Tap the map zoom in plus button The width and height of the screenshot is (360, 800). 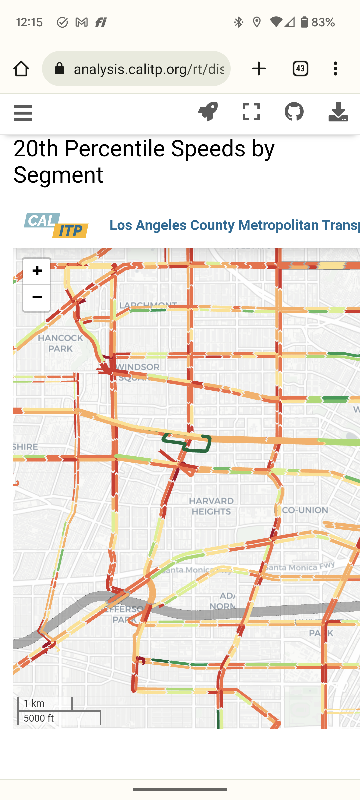[x=37, y=271]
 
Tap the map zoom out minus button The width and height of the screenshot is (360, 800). [x=37, y=298]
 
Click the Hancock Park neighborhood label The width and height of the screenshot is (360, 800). [x=60, y=343]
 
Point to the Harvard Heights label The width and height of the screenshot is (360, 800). [x=211, y=506]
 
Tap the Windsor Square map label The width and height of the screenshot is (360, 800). [x=138, y=371]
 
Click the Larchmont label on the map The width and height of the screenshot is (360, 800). [x=148, y=305]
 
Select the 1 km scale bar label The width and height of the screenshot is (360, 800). [x=34, y=703]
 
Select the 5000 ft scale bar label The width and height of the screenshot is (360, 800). [x=39, y=718]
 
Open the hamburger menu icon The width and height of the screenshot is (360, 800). [x=23, y=113]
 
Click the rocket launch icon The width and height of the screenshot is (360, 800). [x=208, y=112]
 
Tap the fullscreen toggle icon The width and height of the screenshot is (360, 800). [x=251, y=112]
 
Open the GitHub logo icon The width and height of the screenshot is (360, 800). [x=294, y=112]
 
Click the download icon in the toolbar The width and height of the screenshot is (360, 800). [x=338, y=112]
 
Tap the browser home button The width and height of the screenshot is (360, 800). [x=21, y=69]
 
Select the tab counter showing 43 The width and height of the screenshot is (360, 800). [x=300, y=69]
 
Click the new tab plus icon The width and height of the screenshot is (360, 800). [x=259, y=69]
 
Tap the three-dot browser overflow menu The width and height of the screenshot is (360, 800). [x=335, y=69]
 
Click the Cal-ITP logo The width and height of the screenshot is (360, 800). [x=56, y=225]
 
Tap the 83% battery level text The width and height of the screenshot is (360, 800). [x=323, y=22]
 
